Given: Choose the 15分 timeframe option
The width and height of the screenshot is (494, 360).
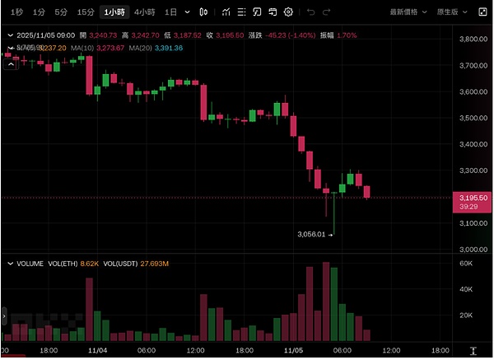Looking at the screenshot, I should pyautogui.click(x=86, y=12).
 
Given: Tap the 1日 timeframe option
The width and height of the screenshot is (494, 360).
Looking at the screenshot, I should pyautogui.click(x=170, y=12).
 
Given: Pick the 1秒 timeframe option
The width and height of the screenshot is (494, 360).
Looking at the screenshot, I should pyautogui.click(x=17, y=12).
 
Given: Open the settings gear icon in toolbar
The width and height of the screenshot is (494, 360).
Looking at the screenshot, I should pyautogui.click(x=288, y=12).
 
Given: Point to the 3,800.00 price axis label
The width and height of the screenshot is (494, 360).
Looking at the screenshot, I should pyautogui.click(x=475, y=40).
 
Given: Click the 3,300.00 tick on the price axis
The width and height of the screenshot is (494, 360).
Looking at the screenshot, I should pyautogui.click(x=475, y=171).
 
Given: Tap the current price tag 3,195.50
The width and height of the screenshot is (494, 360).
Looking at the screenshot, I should pyautogui.click(x=475, y=198).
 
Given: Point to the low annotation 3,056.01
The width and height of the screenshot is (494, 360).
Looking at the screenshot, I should pyautogui.click(x=313, y=234).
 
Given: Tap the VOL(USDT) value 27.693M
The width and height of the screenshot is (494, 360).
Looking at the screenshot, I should pyautogui.click(x=153, y=264).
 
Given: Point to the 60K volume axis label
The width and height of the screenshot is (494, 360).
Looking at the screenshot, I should pyautogui.click(x=465, y=264).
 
